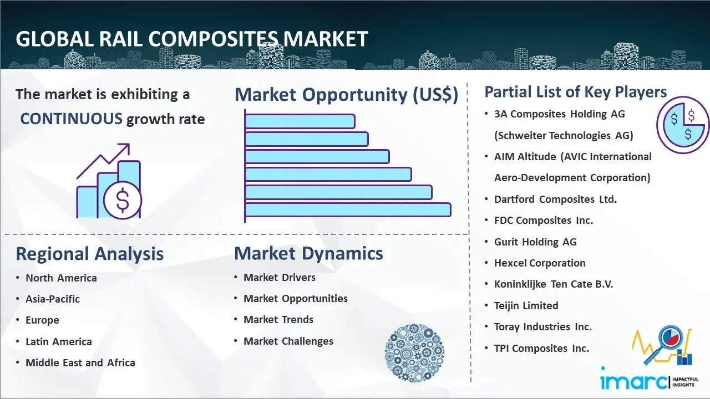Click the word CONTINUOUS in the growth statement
pyautogui.click(x=72, y=119)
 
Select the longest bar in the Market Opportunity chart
pyautogui.click(x=348, y=210)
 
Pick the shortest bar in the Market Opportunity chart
pyautogui.click(x=300, y=121)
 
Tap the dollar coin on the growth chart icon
pyautogui.click(x=123, y=201)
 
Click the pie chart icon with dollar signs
pyautogui.click(x=683, y=125)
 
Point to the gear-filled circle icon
pyautogui.click(x=414, y=353)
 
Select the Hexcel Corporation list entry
pyautogui.click(x=540, y=263)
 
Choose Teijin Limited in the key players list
pyautogui.click(x=526, y=306)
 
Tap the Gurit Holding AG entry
pyautogui.click(x=535, y=242)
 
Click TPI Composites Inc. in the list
pyautogui.click(x=541, y=349)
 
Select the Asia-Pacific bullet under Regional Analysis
pyautogui.click(x=53, y=299)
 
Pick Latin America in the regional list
pyautogui.click(x=59, y=342)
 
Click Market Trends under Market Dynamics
pyautogui.click(x=278, y=320)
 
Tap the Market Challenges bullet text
pyautogui.click(x=288, y=341)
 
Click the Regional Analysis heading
pyautogui.click(x=90, y=254)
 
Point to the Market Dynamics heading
pyautogui.click(x=308, y=253)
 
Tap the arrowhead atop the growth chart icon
pyautogui.click(x=125, y=147)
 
